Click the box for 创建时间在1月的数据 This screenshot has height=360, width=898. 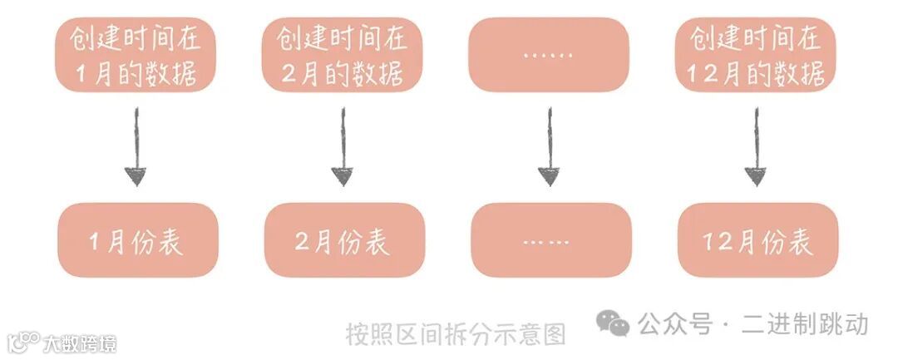(x=136, y=54)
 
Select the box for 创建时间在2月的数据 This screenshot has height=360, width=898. (x=342, y=54)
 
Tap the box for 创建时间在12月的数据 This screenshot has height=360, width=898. (x=755, y=54)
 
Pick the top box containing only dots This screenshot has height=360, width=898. (x=548, y=54)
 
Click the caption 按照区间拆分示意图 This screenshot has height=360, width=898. (x=456, y=333)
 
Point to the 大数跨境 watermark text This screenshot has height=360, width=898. (x=80, y=343)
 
